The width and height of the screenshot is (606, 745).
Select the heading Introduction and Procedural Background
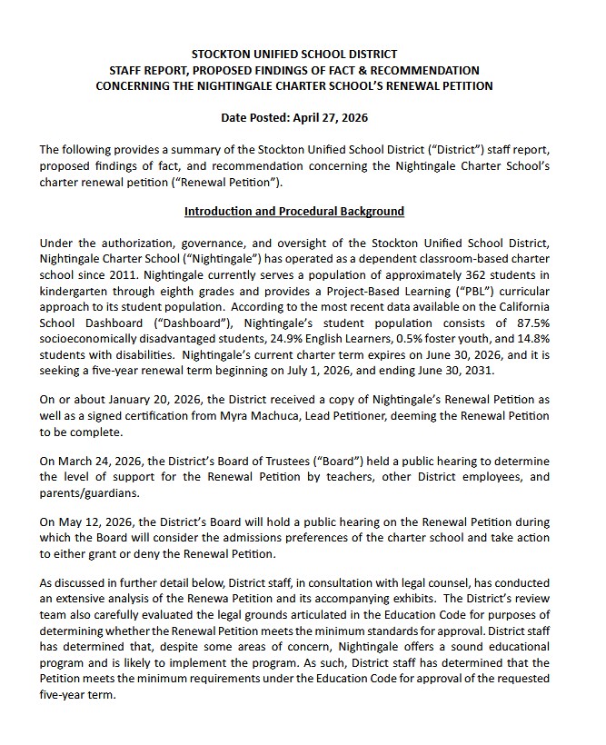point(293,212)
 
